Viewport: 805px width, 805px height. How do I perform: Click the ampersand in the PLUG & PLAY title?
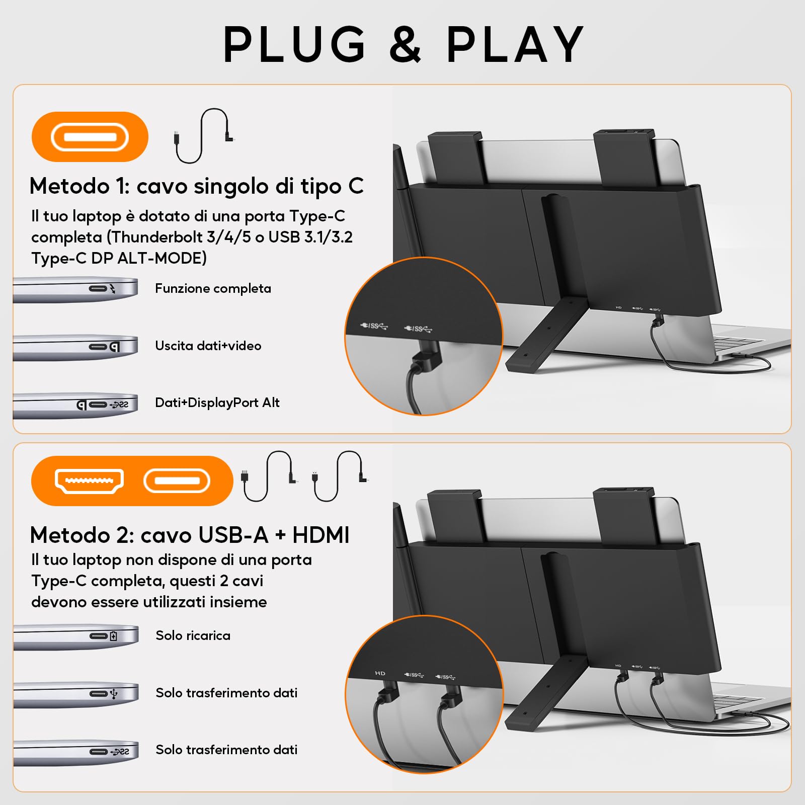click(x=405, y=45)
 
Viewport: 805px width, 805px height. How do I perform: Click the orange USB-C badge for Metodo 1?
click(x=90, y=137)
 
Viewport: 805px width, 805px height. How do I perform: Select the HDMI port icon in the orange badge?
click(x=89, y=481)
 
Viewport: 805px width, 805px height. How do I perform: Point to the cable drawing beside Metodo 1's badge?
click(x=203, y=136)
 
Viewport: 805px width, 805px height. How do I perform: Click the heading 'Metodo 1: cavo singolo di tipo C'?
click(x=196, y=186)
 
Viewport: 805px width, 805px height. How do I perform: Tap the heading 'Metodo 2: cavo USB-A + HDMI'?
click(x=190, y=535)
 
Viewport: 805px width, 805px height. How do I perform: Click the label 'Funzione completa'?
click(x=213, y=288)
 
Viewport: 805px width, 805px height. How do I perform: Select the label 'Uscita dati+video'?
click(x=208, y=346)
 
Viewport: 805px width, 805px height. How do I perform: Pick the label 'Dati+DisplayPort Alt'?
click(x=217, y=403)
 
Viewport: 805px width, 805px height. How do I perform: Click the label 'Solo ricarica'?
click(x=193, y=635)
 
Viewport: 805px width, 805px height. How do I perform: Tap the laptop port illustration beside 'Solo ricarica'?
click(x=75, y=637)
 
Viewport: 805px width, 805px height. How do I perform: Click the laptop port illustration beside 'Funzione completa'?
click(x=75, y=290)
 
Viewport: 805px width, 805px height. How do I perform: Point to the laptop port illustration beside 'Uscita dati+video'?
click(x=75, y=347)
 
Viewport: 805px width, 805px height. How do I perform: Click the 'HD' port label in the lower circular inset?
click(x=380, y=673)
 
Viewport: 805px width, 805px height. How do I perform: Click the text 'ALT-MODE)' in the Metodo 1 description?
click(x=162, y=258)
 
